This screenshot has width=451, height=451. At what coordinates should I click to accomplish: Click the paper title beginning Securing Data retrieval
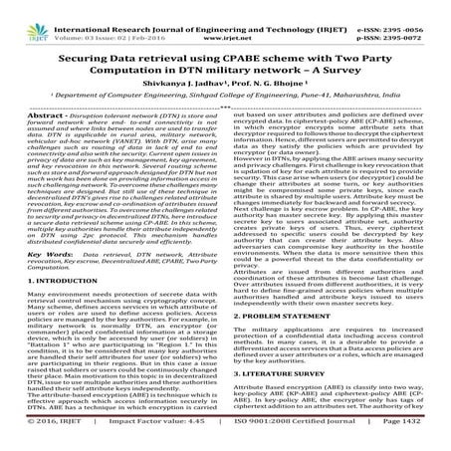tap(225, 52)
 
